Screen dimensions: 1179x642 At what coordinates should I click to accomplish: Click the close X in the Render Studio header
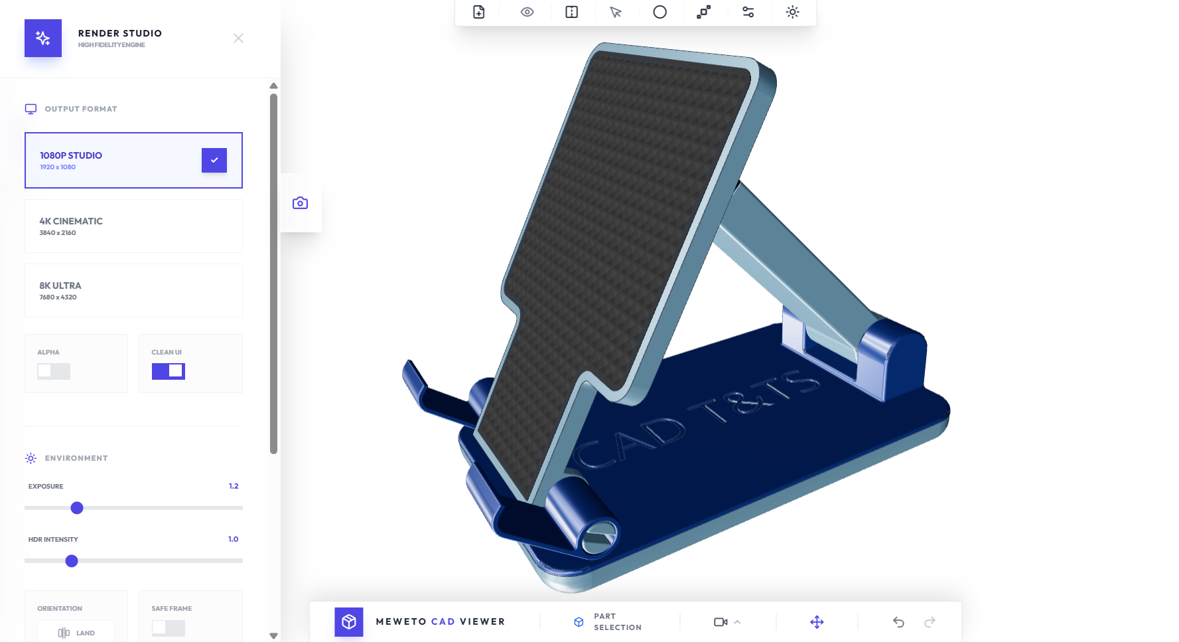(x=238, y=39)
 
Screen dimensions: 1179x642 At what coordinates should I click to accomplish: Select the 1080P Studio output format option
(x=133, y=160)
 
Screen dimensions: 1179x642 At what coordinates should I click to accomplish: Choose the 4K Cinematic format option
(x=133, y=226)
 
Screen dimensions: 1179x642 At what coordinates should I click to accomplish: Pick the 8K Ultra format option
(x=133, y=290)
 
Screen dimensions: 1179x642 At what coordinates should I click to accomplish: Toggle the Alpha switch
(x=54, y=371)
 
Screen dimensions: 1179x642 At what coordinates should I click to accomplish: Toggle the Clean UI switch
(x=169, y=371)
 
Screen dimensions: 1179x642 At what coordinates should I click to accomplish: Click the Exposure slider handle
(x=77, y=508)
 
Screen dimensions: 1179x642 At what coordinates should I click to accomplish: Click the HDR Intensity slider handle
(x=72, y=561)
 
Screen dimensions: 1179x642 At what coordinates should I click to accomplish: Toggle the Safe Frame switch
(x=169, y=628)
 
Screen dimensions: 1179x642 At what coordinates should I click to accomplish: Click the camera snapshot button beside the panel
(x=301, y=203)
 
